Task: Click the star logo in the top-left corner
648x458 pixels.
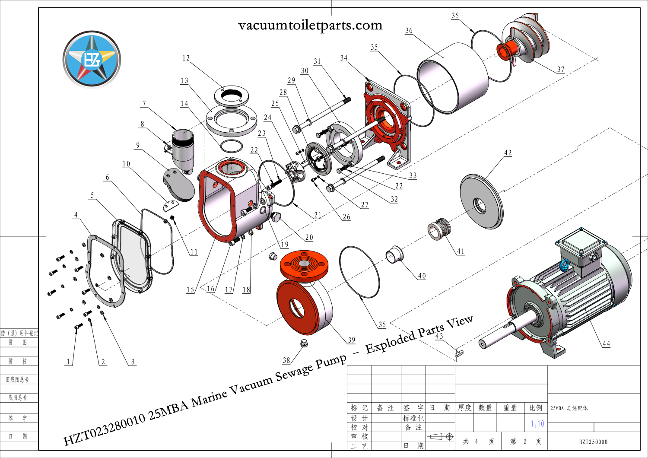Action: pyautogui.click(x=92, y=59)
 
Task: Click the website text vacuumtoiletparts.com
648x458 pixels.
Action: pyautogui.click(x=310, y=25)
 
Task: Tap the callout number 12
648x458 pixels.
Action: pyautogui.click(x=186, y=58)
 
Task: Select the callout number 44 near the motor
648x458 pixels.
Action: pyautogui.click(x=606, y=343)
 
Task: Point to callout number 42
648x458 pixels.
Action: pyautogui.click(x=508, y=153)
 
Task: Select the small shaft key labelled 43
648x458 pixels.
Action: pyautogui.click(x=459, y=353)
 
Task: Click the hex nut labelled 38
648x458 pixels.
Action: pyautogui.click(x=304, y=343)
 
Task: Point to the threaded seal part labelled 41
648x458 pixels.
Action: pyautogui.click(x=439, y=228)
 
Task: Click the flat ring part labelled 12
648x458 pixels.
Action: pyautogui.click(x=232, y=96)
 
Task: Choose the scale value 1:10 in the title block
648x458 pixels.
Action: pyautogui.click(x=537, y=424)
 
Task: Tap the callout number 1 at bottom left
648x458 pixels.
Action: pyautogui.click(x=68, y=362)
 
